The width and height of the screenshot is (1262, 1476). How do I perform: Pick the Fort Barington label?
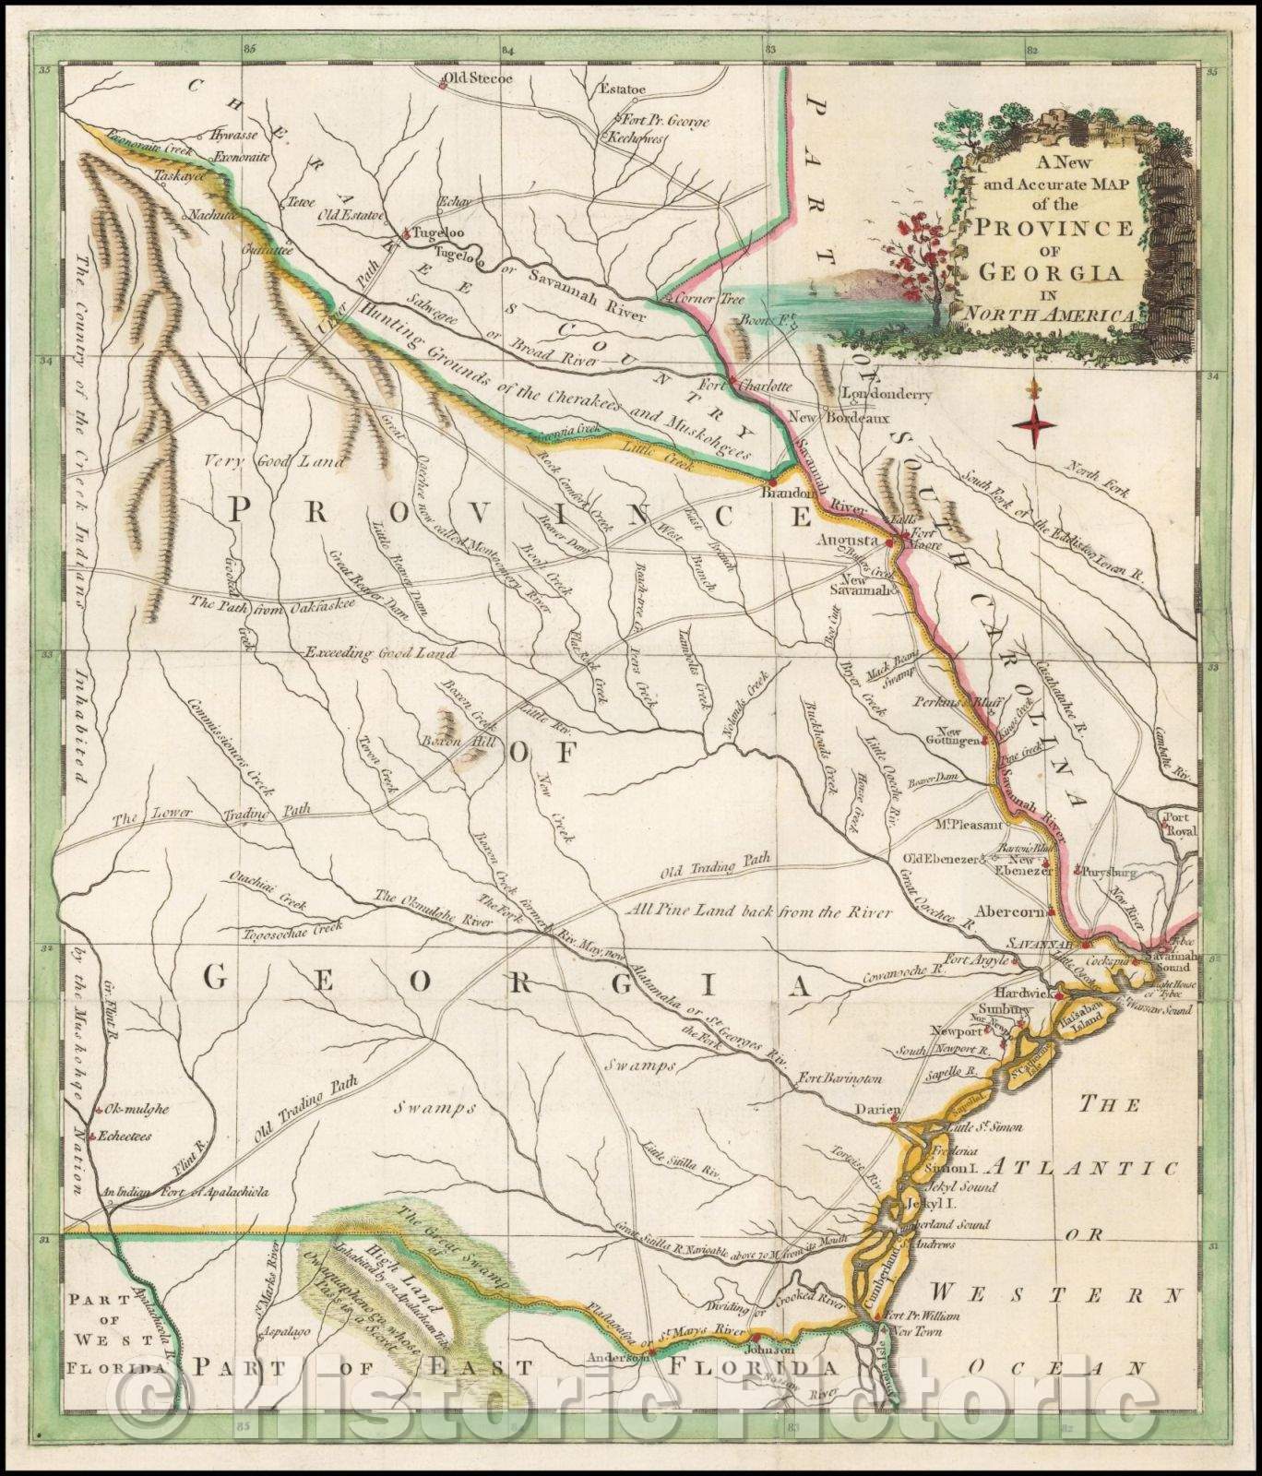(841, 1077)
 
